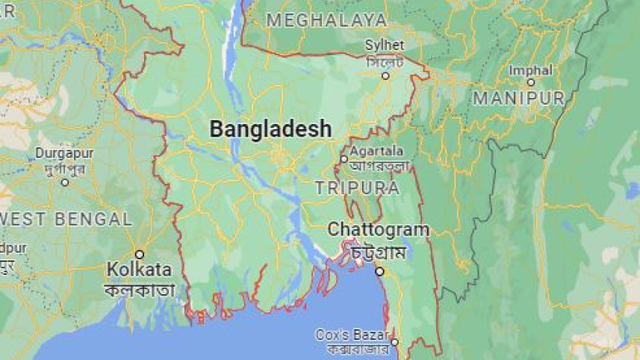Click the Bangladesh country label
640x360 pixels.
tap(270, 129)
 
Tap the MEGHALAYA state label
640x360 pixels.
tap(326, 20)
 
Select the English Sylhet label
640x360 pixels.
tap(385, 46)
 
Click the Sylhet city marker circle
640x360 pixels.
tap(385, 75)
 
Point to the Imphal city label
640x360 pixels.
tap(530, 70)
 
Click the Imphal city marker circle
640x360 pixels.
tap(530, 82)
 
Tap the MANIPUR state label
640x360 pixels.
tap(518, 98)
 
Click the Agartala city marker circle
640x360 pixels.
tap(344, 158)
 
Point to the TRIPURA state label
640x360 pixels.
tap(357, 187)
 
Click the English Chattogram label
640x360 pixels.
tap(379, 229)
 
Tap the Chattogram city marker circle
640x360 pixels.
tap(379, 271)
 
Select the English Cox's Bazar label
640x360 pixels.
tap(352, 334)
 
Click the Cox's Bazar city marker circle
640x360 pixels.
tap(394, 342)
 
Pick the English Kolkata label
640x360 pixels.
tap(139, 269)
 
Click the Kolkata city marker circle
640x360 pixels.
tap(139, 254)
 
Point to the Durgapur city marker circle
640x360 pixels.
tap(65, 181)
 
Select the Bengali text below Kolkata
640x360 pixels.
tap(140, 290)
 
